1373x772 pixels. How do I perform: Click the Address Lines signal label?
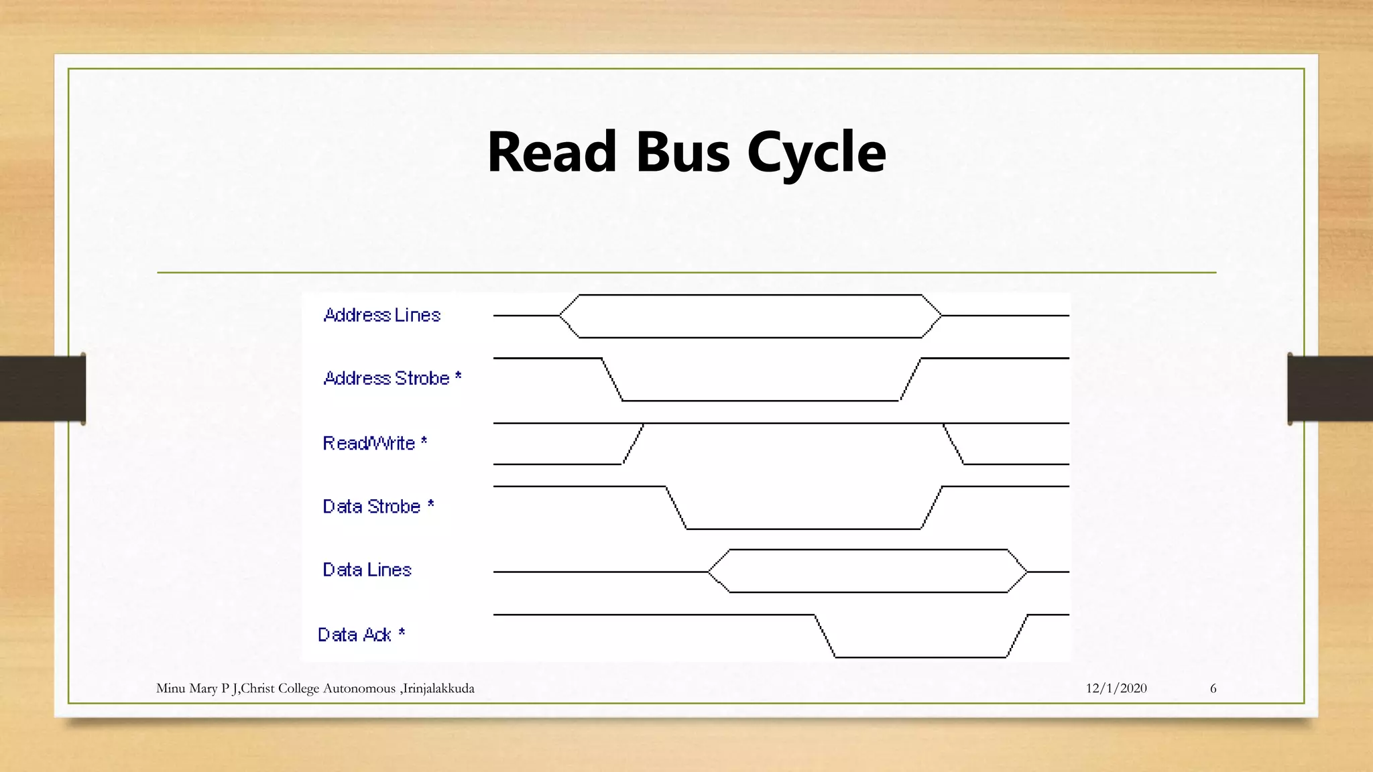pyautogui.click(x=382, y=315)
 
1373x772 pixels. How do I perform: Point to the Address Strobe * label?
pyautogui.click(x=392, y=378)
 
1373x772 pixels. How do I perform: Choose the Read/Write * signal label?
pyautogui.click(x=375, y=443)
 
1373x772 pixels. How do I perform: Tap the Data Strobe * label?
pyautogui.click(x=378, y=506)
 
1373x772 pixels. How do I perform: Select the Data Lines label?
pyautogui.click(x=367, y=570)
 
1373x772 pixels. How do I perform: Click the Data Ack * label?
pyautogui.click(x=361, y=635)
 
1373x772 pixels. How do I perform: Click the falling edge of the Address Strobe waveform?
pyautogui.click(x=612, y=379)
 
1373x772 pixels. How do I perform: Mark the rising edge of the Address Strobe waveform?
pyautogui.click(x=910, y=379)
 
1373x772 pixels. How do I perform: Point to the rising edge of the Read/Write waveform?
pyautogui.click(x=633, y=444)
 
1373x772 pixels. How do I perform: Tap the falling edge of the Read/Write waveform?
pyautogui.click(x=953, y=444)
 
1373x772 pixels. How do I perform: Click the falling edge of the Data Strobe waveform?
pyautogui.click(x=676, y=508)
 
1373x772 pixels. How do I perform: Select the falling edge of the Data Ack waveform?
pyautogui.click(x=825, y=636)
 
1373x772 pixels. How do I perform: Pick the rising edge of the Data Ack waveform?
pyautogui.click(x=1017, y=636)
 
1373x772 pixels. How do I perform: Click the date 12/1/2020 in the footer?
pyautogui.click(x=1116, y=688)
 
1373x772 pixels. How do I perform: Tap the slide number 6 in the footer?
pyautogui.click(x=1213, y=688)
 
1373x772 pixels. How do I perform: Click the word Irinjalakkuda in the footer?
pyautogui.click(x=438, y=688)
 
